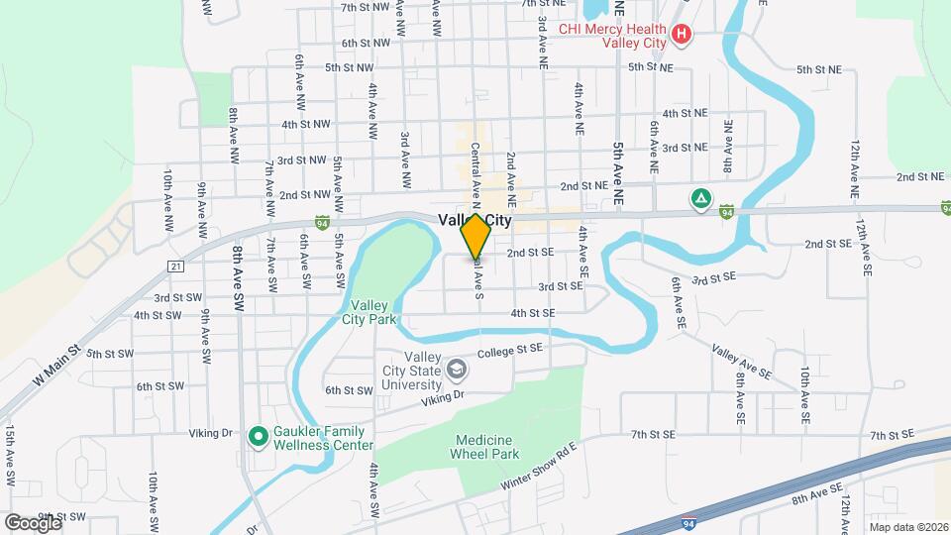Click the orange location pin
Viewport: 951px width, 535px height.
pos(475,236)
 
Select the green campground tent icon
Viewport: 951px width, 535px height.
pos(700,199)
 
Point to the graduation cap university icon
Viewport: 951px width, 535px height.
pos(457,371)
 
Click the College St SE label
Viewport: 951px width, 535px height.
pos(510,350)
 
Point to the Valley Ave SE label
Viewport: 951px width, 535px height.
pos(741,362)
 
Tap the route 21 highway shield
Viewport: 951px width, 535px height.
pos(175,267)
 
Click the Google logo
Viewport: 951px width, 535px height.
pos(32,522)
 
